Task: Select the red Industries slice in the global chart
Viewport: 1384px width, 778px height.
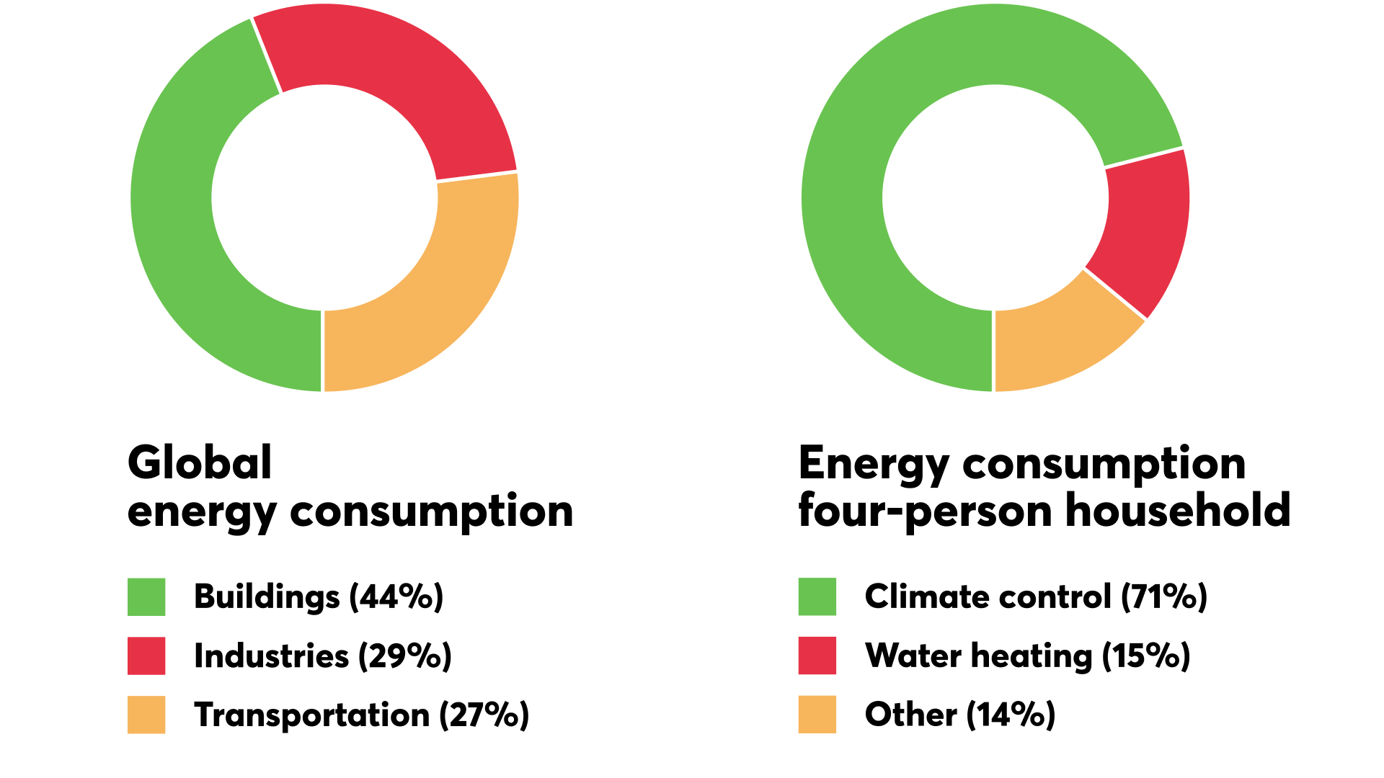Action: point(389,79)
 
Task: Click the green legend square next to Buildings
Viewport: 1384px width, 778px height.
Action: point(146,596)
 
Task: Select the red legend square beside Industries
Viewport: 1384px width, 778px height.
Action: point(146,656)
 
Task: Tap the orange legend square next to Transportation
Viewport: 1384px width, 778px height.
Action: point(146,715)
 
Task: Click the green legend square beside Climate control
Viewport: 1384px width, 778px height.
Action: point(817,596)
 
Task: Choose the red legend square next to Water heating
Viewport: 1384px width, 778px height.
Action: point(817,656)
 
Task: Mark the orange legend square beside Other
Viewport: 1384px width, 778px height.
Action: point(817,715)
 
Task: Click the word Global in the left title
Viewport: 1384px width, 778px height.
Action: point(200,462)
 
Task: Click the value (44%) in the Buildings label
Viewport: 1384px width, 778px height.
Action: point(396,597)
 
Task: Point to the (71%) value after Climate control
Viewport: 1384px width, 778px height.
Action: point(1163,597)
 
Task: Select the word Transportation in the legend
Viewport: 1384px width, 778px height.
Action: point(311,715)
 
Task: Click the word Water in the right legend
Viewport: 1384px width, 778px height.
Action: point(913,656)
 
